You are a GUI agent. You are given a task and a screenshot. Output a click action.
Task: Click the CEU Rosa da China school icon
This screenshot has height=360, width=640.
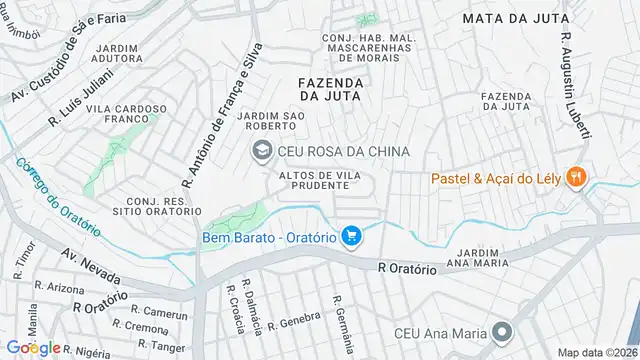click(x=260, y=151)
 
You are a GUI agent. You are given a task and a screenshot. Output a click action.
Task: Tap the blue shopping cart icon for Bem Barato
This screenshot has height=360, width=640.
click(x=350, y=236)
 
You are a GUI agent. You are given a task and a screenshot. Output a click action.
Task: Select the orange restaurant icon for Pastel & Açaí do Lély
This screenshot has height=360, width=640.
click(x=576, y=179)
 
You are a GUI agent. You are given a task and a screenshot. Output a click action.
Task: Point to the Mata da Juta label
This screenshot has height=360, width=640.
click(x=515, y=17)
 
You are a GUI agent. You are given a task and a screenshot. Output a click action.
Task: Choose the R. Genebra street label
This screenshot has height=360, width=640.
click(x=299, y=319)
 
